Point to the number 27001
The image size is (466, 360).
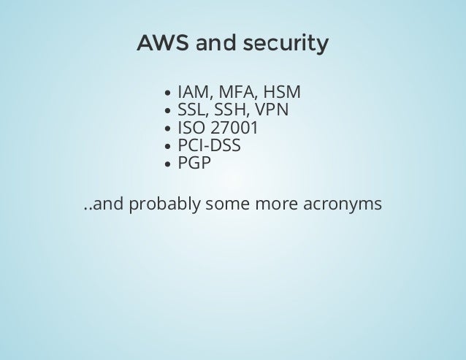pos(234,129)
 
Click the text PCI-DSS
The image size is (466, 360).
pos(209,146)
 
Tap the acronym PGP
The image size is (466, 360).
pos(194,164)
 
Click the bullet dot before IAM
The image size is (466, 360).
pos(169,95)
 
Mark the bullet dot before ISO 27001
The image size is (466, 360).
pos(169,130)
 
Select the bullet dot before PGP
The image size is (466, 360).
pos(169,165)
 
